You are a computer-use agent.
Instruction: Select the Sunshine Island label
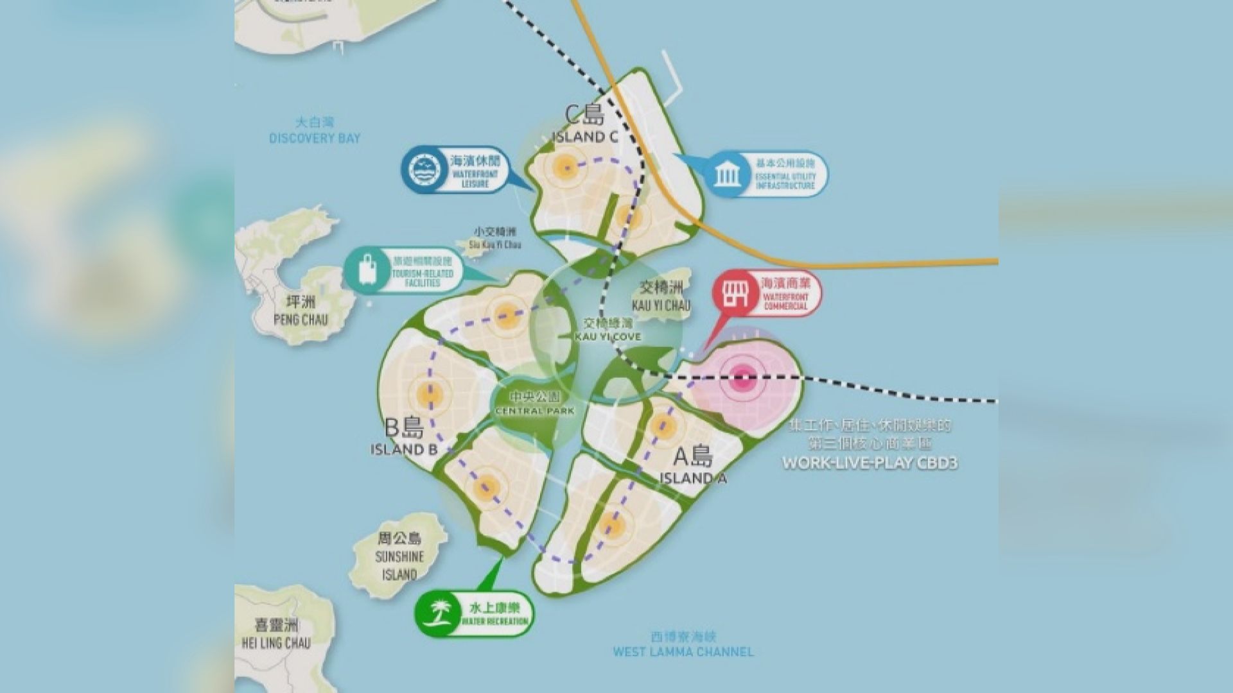399,556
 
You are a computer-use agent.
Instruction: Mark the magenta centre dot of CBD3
742,379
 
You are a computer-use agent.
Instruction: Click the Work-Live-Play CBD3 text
870,462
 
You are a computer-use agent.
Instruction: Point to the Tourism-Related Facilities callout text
422,272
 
